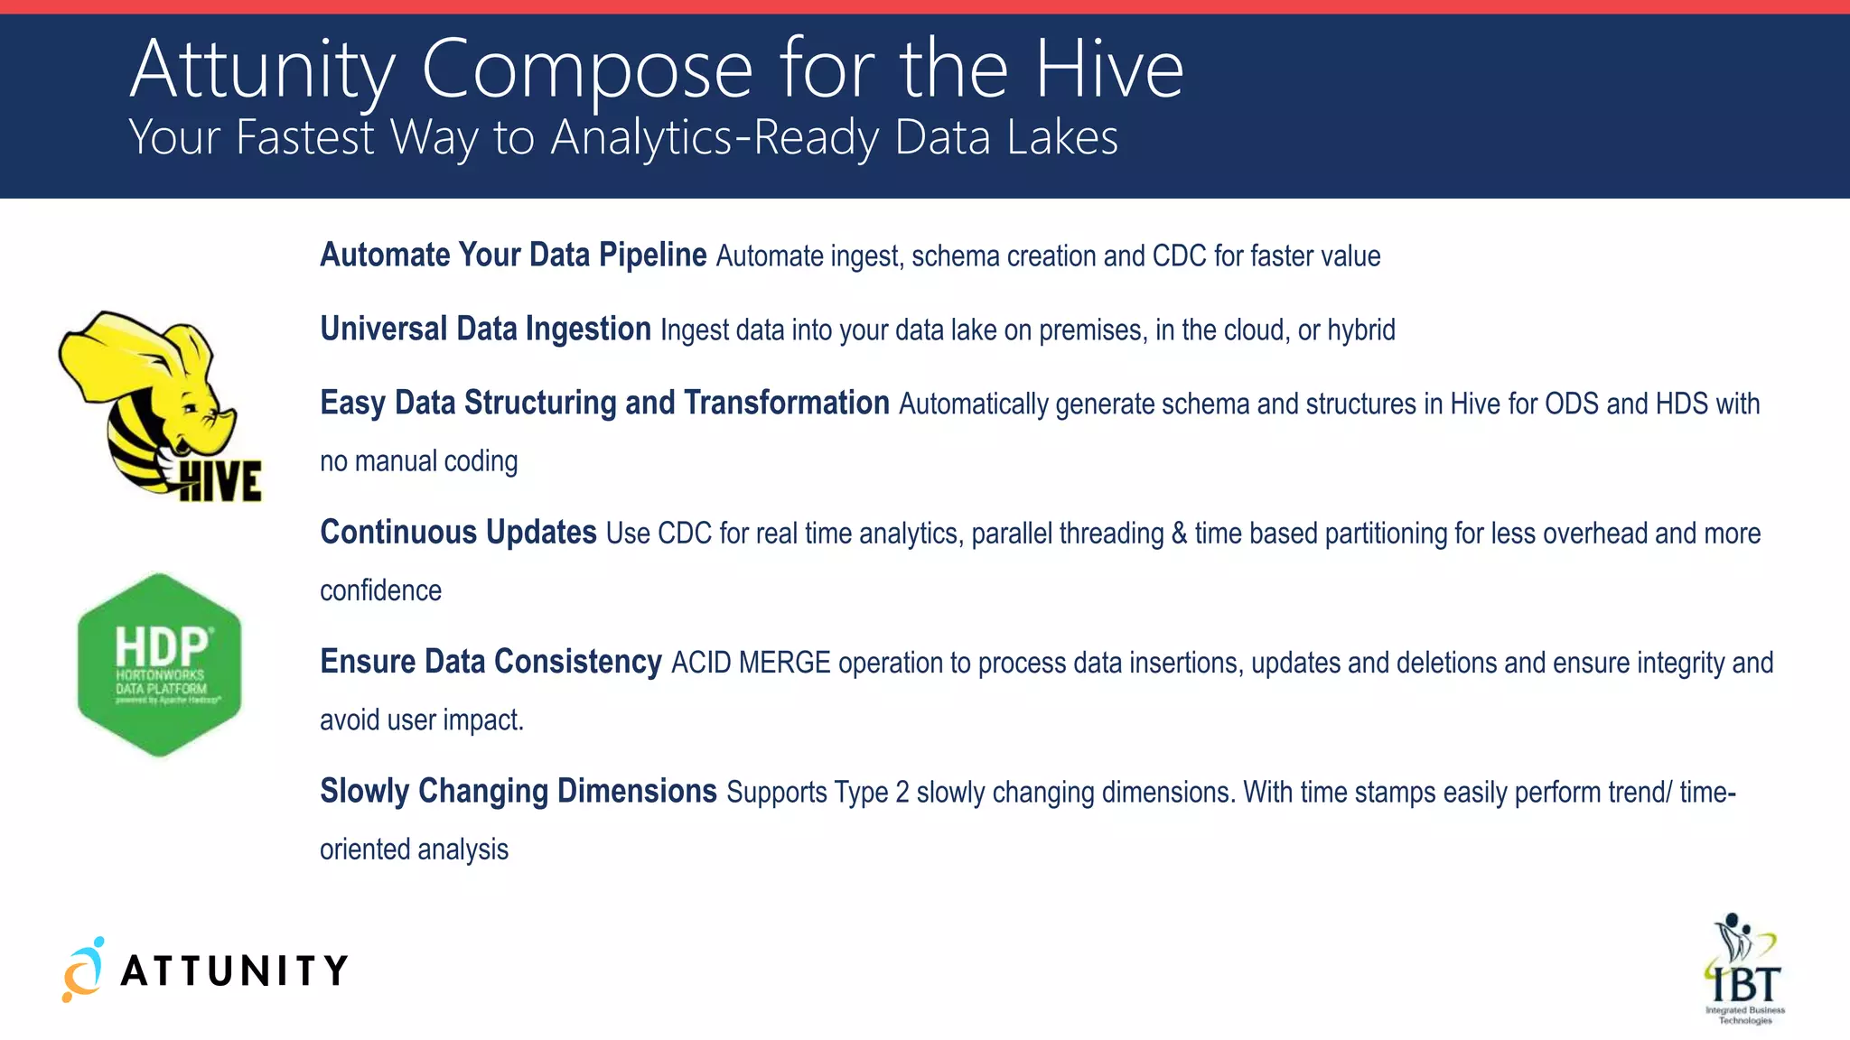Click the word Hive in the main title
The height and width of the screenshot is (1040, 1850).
[x=1108, y=69]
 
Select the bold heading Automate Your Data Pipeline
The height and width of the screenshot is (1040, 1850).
[x=513, y=255]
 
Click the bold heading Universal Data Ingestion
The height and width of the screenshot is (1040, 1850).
[x=485, y=330]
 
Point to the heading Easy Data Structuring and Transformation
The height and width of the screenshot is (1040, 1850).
[x=604, y=403]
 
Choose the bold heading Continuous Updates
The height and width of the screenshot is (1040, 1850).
[x=458, y=533]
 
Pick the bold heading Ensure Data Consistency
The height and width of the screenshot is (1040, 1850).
[x=491, y=662]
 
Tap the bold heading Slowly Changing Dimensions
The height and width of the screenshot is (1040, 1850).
[x=519, y=791]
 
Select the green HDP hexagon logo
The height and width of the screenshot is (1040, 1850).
[x=160, y=664]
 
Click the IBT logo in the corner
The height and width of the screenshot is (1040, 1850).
[x=1744, y=970]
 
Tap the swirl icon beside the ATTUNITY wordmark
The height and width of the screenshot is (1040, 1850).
[x=83, y=970]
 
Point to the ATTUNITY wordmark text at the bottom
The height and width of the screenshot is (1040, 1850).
[x=234, y=971]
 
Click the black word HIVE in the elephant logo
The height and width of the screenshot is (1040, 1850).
[x=220, y=481]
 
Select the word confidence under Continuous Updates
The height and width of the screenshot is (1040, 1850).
[x=380, y=590]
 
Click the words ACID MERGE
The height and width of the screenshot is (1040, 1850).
[x=751, y=663]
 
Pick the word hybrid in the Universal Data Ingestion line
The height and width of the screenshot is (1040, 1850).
[x=1361, y=330]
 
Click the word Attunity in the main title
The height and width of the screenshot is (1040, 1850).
[x=263, y=69]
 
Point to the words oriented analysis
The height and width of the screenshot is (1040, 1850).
[x=414, y=850]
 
